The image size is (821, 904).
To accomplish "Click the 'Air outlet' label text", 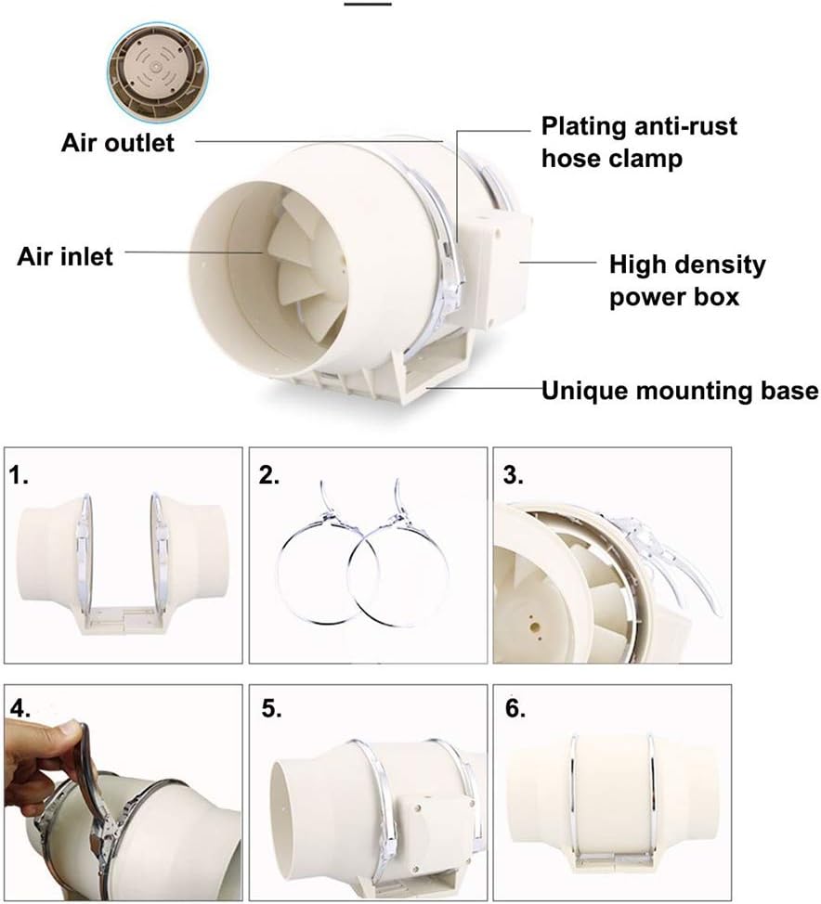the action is (x=118, y=143).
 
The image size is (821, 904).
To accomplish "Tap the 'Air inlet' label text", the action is (x=65, y=256).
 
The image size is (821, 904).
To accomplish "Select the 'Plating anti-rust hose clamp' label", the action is (x=639, y=142).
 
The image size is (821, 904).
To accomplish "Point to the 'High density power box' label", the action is (x=687, y=281).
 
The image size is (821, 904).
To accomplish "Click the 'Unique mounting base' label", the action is (x=680, y=391).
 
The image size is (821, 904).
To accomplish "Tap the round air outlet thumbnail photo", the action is (x=158, y=72).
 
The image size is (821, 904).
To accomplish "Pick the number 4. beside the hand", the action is (x=20, y=709).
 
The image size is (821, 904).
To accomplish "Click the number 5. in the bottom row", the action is (x=271, y=709).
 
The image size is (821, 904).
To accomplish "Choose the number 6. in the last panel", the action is (x=515, y=709).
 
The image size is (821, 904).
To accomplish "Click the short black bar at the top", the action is (x=368, y=4).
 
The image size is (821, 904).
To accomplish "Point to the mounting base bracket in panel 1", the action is (x=124, y=620).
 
